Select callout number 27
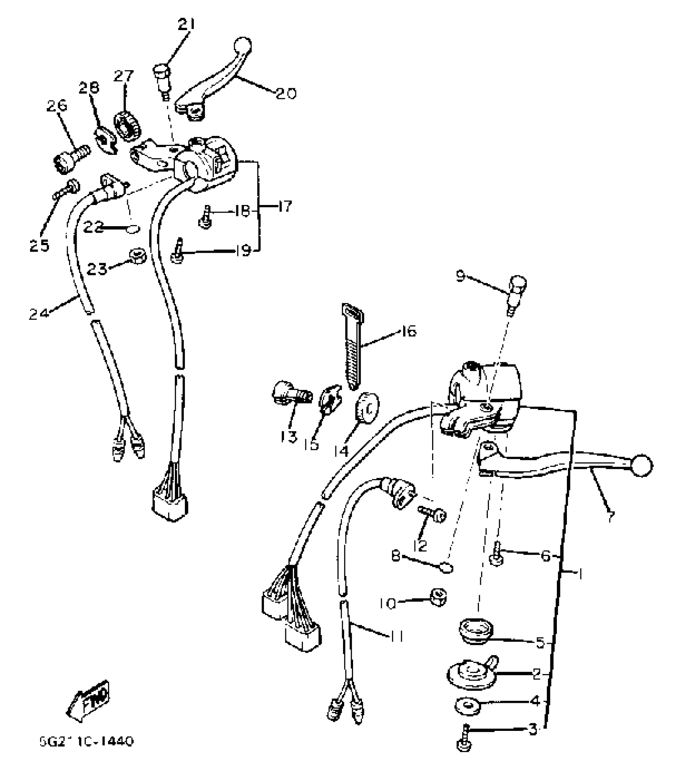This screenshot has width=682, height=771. (x=123, y=75)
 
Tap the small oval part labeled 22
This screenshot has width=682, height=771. (x=133, y=229)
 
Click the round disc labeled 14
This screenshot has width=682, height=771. (x=367, y=407)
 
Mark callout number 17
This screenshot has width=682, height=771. (x=285, y=207)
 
